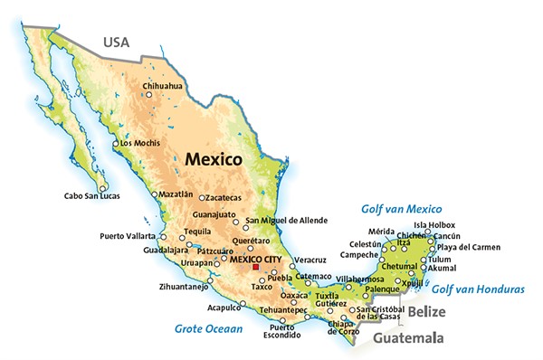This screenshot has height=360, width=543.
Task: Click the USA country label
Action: pos(118,42)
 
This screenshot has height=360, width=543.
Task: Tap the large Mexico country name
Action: pos(213,158)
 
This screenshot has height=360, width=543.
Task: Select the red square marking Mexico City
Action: pos(256,267)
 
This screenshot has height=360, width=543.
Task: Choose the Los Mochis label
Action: pos(139,143)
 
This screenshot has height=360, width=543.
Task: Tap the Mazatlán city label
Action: pos(176,194)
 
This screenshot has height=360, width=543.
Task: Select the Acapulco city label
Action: pos(225,307)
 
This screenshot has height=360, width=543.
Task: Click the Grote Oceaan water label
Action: pos(209,329)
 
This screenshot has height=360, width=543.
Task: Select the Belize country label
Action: pos(426,311)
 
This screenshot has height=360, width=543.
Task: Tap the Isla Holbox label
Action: pos(434,224)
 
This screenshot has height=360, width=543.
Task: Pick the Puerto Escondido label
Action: pos(281,332)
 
